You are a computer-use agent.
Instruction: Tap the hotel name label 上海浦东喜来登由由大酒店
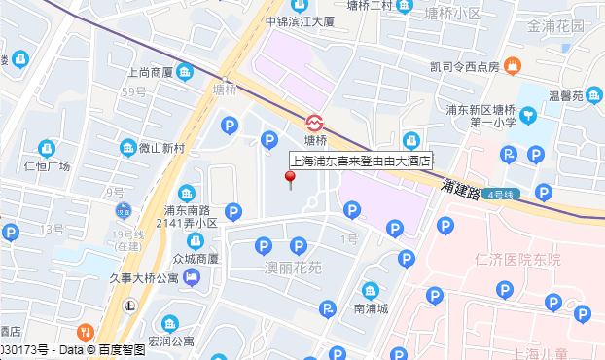[x=362, y=161]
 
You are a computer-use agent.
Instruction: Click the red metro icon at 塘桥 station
[x=315, y=123]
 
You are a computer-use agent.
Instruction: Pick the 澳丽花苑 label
[x=293, y=266]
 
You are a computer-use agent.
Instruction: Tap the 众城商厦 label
[x=195, y=259]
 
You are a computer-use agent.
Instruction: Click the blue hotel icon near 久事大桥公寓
[x=192, y=279]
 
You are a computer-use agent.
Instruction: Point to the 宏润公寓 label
[x=171, y=342]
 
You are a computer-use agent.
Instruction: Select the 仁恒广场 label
[x=47, y=165]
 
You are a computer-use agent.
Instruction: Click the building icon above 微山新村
[x=127, y=148]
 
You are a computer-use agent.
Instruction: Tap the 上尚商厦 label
[x=150, y=72]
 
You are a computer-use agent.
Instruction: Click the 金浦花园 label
[x=556, y=26]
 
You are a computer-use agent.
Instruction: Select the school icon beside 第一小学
[x=527, y=116]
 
